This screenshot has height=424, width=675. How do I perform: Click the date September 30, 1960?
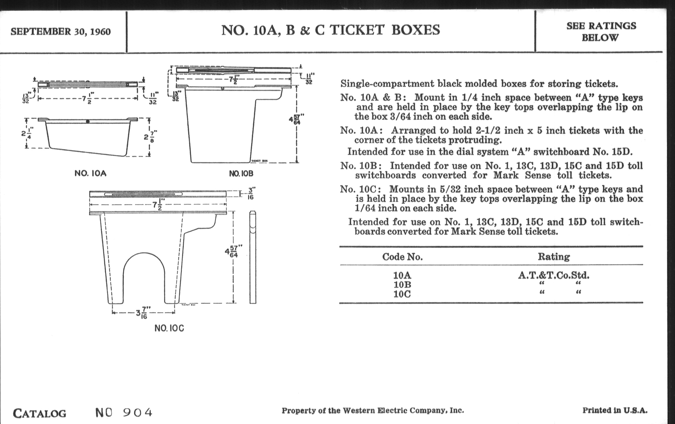pos(61,32)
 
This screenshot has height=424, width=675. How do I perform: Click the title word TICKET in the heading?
pos(357,30)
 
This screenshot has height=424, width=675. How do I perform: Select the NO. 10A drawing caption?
pos(90,173)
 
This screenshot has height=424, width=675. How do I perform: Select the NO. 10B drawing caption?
pos(241,173)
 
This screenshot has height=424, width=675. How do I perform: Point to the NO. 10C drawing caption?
pos(169,328)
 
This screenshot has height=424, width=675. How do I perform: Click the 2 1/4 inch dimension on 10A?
pos(27,133)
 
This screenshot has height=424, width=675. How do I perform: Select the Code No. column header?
pos(402,257)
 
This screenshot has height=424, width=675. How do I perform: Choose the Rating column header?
pos(554,257)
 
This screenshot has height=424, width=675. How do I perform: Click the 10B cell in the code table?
pos(402,285)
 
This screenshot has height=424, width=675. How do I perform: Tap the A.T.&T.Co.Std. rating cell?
pos(554,275)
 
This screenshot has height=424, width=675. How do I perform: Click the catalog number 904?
pos(138,412)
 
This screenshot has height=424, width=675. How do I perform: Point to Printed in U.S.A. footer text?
pos(615,411)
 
